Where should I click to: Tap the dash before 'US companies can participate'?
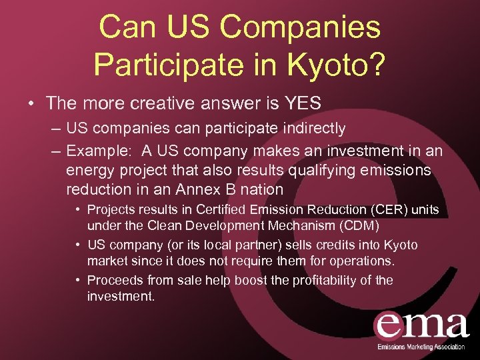point(57,128)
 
